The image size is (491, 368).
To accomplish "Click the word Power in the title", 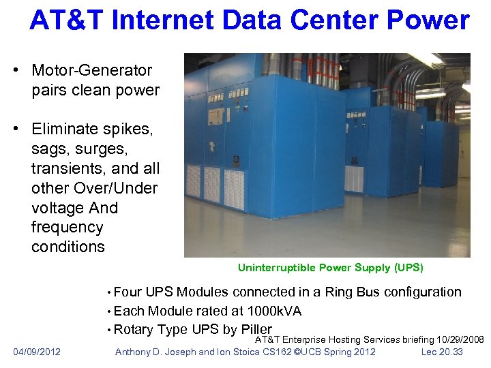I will (428, 20).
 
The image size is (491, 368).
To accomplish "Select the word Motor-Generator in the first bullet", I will (91, 70).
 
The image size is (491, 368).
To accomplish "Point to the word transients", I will (68, 168).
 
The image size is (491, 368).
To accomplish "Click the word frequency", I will (67, 227).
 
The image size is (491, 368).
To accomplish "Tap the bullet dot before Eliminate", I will (20, 129).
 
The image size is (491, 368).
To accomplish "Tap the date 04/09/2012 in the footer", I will (37, 352).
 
